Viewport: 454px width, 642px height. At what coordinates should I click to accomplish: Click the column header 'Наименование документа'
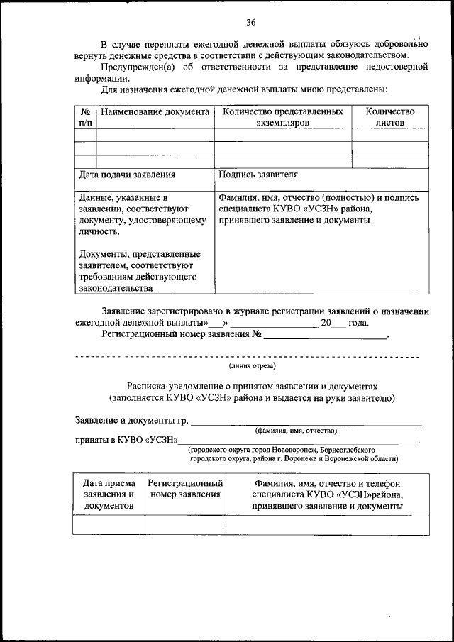click(x=155, y=112)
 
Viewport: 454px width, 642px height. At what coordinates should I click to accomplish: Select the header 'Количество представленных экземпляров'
click(x=283, y=117)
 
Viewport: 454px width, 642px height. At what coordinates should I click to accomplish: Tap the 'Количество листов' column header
click(x=389, y=117)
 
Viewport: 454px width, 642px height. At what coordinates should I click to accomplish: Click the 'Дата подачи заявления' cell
click(x=127, y=174)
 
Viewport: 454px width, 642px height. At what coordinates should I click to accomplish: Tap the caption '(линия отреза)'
click(x=252, y=366)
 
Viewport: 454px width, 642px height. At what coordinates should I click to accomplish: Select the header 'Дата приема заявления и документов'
click(x=109, y=494)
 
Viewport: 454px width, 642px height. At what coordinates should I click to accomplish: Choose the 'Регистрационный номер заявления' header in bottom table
click(x=185, y=489)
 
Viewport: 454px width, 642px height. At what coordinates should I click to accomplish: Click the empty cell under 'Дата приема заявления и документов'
click(x=109, y=525)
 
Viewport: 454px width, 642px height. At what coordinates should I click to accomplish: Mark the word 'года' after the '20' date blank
click(x=358, y=323)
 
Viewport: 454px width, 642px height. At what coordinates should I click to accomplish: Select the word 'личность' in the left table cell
click(x=99, y=231)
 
